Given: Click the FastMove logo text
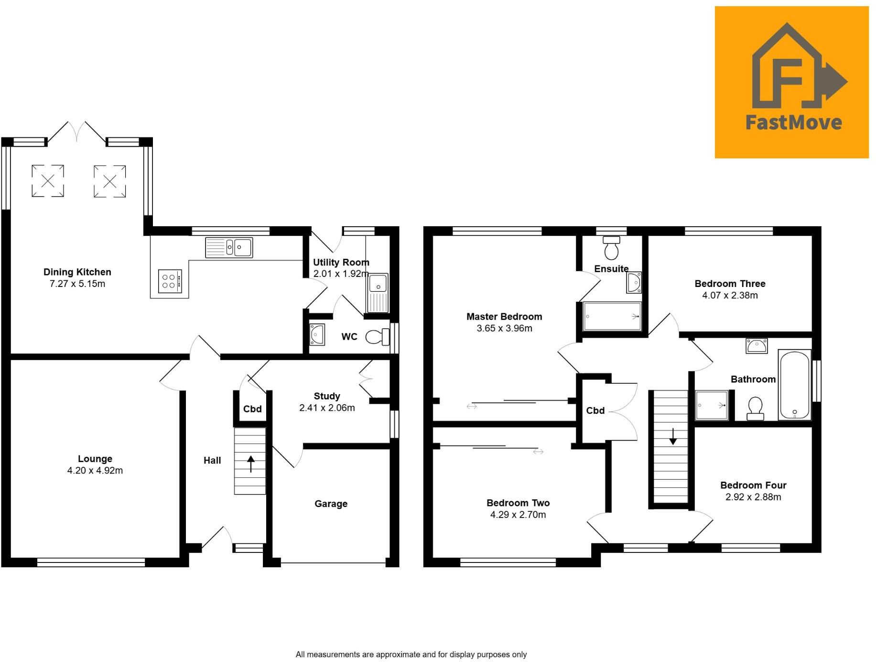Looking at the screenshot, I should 793,122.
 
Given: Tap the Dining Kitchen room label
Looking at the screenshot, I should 77,272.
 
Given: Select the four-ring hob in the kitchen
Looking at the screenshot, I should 170,281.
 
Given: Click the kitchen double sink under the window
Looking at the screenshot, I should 229,248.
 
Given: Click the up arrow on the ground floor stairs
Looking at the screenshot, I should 250,463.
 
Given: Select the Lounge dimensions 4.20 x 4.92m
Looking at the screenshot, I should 95,471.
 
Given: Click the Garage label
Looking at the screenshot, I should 331,504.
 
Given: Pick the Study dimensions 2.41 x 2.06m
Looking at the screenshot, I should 327,408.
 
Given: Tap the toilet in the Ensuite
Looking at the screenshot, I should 611,248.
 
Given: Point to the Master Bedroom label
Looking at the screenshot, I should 504,317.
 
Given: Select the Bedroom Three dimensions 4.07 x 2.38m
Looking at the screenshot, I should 730,296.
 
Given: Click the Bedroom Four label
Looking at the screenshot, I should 753,485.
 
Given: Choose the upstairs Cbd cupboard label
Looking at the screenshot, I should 595,410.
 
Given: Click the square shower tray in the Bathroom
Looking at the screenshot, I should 712,405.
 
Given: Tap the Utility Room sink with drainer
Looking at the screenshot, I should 378,293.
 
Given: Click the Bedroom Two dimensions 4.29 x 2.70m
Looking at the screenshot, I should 518,515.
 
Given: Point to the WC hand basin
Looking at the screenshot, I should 317,334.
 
